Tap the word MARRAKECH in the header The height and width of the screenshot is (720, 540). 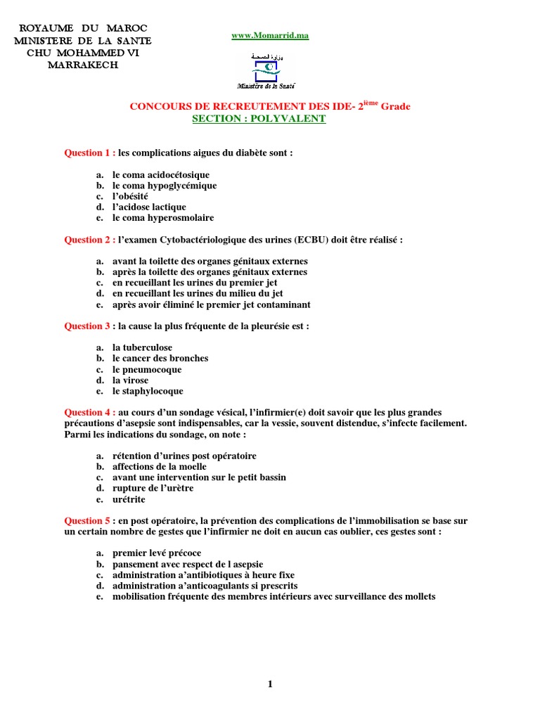point(82,65)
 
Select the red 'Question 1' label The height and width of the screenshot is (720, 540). point(89,153)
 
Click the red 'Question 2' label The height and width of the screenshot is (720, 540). point(89,240)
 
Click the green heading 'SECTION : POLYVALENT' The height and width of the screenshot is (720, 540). point(259,119)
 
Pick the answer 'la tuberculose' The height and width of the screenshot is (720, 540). point(142,348)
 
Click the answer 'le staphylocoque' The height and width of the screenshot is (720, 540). point(148,391)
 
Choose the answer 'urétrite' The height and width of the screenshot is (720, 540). point(130,499)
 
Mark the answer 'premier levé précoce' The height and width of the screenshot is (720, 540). point(157,553)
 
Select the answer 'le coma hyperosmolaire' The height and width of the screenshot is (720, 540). point(163,218)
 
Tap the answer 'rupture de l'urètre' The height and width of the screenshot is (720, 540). point(153,488)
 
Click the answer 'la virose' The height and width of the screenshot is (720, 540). point(130,380)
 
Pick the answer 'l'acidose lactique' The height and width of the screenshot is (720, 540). point(149,207)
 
